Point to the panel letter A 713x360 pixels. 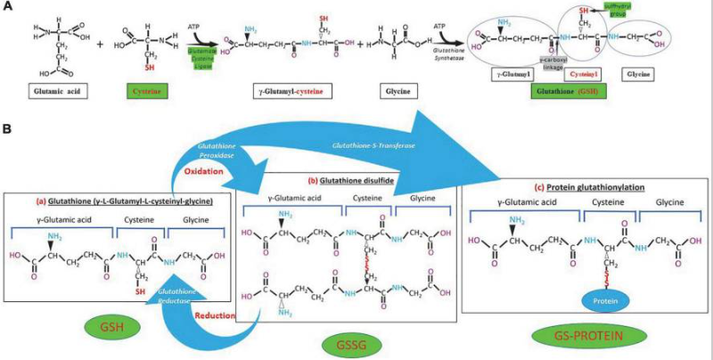tap(7, 6)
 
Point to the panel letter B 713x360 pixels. tap(7, 130)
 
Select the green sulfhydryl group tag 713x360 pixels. tap(618, 10)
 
